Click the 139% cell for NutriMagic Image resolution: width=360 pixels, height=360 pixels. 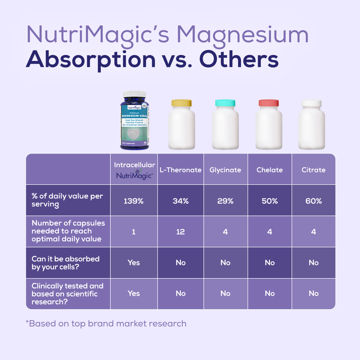134,201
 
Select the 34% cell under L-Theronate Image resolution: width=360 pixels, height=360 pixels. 180,201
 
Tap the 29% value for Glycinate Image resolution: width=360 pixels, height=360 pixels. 225,201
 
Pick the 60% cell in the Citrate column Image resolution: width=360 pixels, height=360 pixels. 314,201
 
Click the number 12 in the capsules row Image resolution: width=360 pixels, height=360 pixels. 180,232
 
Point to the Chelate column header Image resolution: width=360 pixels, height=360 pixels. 270,170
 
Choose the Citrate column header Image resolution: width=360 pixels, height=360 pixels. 314,170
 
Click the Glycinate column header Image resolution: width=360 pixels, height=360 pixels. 225,170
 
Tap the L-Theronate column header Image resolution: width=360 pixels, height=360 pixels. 180,170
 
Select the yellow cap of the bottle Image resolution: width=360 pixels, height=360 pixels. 182,103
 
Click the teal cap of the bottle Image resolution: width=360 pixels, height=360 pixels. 225,103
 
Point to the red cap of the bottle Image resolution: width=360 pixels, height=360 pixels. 269,103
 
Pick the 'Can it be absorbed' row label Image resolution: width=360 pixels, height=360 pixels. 66,262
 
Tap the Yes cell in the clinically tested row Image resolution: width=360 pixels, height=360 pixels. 134,293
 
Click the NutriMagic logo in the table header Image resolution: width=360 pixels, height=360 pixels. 134,176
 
